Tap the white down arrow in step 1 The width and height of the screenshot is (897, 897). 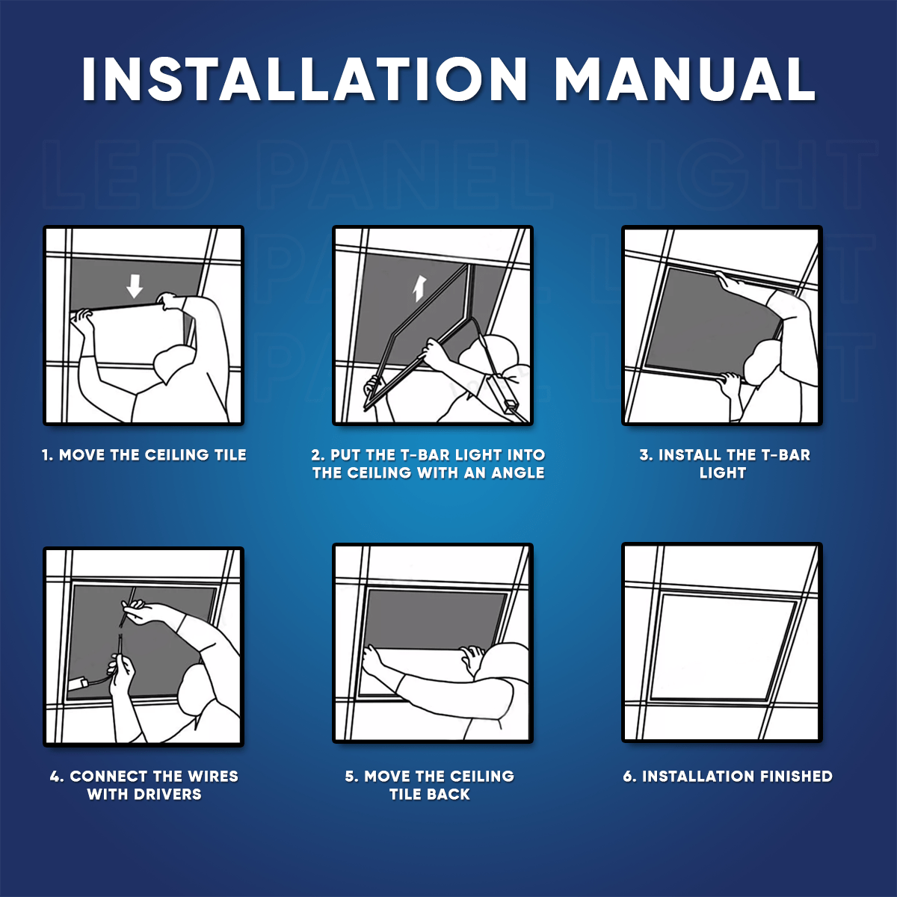(x=135, y=286)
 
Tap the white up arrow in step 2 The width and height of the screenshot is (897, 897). (x=420, y=289)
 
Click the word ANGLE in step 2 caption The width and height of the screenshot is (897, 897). (x=518, y=473)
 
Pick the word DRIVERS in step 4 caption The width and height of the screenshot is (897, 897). (x=167, y=795)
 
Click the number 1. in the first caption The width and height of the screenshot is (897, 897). (x=48, y=454)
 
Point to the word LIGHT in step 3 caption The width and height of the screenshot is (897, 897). (x=722, y=473)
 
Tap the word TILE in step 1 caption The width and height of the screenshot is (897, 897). (x=230, y=454)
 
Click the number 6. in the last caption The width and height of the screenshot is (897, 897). (x=629, y=777)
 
